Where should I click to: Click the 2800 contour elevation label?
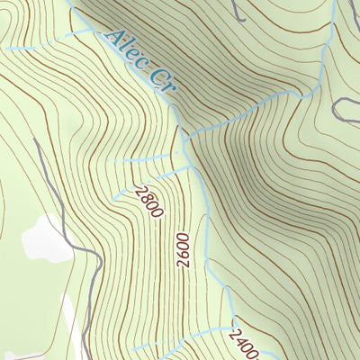point(148,202)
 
